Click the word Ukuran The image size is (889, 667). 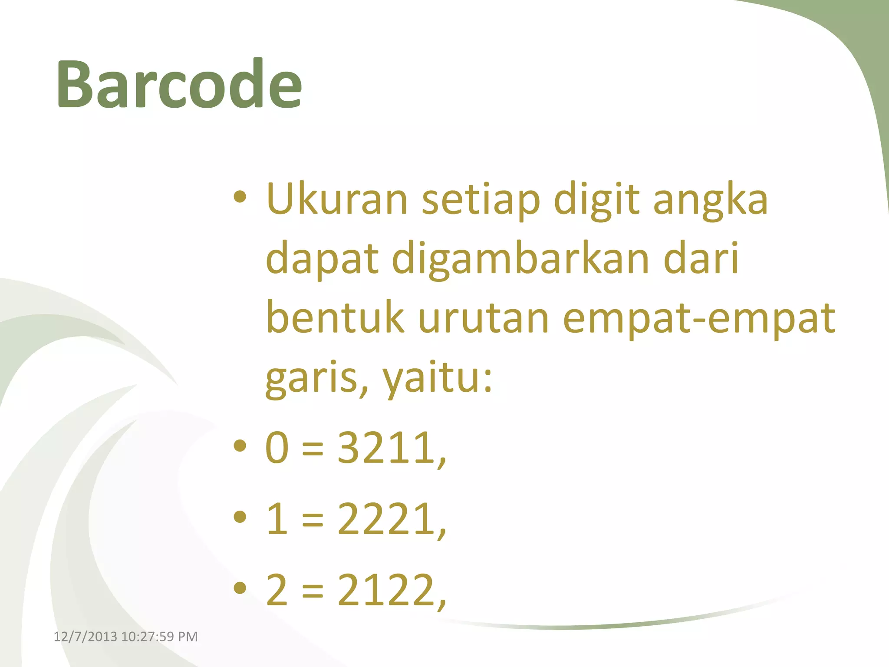(337, 200)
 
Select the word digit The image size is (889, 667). (596, 200)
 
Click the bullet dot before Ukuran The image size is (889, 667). (240, 198)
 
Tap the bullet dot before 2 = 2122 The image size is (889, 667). (240, 588)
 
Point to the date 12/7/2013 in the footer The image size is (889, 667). (85, 637)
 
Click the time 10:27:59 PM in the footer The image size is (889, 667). (159, 637)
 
